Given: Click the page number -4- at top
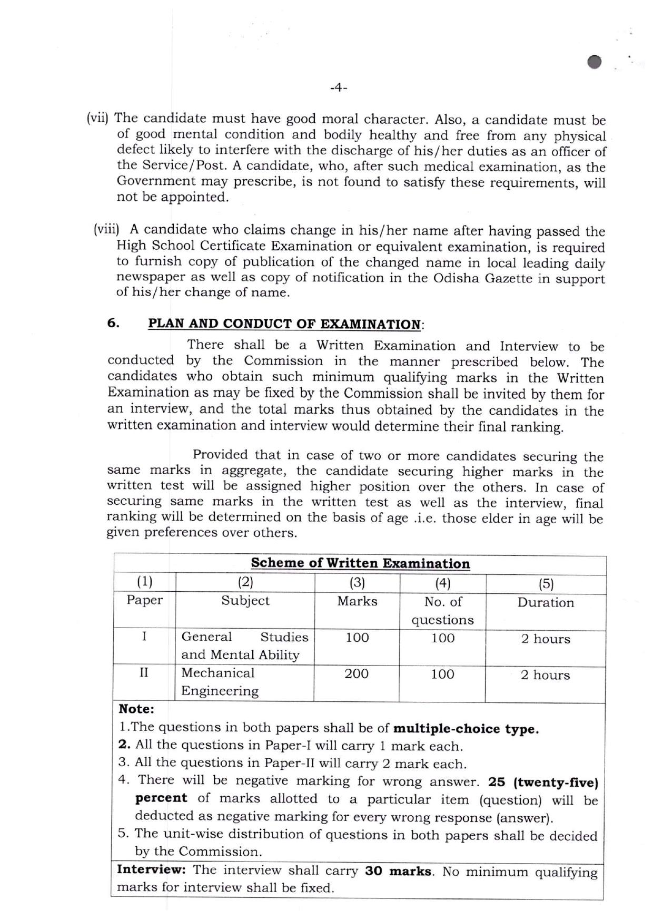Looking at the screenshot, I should (338, 89).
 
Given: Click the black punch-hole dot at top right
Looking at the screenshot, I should (595, 62).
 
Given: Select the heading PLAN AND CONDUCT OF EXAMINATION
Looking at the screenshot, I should (284, 324).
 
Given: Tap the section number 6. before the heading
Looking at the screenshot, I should (113, 323).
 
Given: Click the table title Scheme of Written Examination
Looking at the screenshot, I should (360, 563).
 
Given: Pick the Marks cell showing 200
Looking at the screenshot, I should (357, 673).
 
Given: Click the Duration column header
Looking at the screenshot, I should (546, 602).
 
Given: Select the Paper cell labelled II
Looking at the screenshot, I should (144, 673).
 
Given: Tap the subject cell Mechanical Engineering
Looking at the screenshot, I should (220, 682).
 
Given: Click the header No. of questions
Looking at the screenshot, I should (442, 611).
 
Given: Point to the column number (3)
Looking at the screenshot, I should (357, 582).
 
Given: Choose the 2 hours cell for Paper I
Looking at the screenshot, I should (546, 639).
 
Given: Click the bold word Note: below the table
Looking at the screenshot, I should (136, 709).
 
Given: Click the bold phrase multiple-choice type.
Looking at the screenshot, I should (466, 729).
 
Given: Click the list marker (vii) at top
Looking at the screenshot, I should (97, 118).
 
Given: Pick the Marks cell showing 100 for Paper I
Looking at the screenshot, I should (357, 638).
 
